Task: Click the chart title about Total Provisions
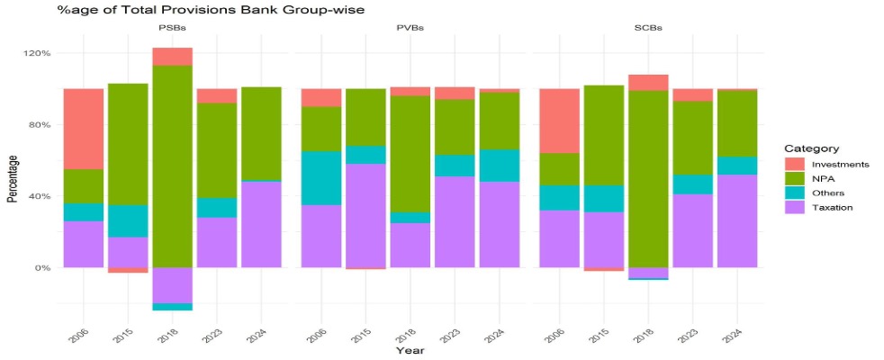(184, 10)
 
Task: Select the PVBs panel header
(410, 28)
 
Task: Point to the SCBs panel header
(648, 28)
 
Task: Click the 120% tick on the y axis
(36, 53)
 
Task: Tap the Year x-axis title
(410, 350)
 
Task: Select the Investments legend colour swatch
(793, 165)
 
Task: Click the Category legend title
(811, 148)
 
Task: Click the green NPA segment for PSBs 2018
(172, 166)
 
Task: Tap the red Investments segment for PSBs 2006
(84, 129)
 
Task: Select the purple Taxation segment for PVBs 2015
(365, 215)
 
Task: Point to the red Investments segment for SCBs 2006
(559, 121)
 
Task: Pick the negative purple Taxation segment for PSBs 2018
(172, 285)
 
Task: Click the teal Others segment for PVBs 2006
(321, 177)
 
